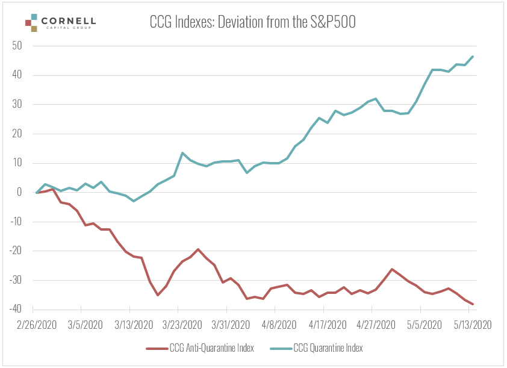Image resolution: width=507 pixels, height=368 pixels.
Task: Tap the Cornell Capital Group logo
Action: (60, 23)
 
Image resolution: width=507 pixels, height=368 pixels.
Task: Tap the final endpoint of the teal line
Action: (473, 57)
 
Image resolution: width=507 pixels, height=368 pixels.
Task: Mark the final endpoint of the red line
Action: (473, 304)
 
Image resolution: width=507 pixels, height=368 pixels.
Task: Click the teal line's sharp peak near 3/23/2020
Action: (182, 153)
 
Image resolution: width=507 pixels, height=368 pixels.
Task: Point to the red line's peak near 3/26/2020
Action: (198, 249)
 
